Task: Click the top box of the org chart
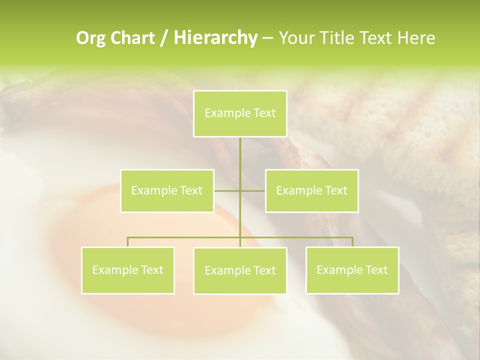[x=240, y=113]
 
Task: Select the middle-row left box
[x=167, y=190]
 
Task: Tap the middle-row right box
[x=311, y=190]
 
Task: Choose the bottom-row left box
[x=127, y=270]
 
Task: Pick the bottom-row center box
[x=240, y=270]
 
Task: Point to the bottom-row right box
[x=352, y=270]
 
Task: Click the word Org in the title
[x=90, y=38]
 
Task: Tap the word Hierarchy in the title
[x=215, y=38]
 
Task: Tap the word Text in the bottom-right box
[x=376, y=270]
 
